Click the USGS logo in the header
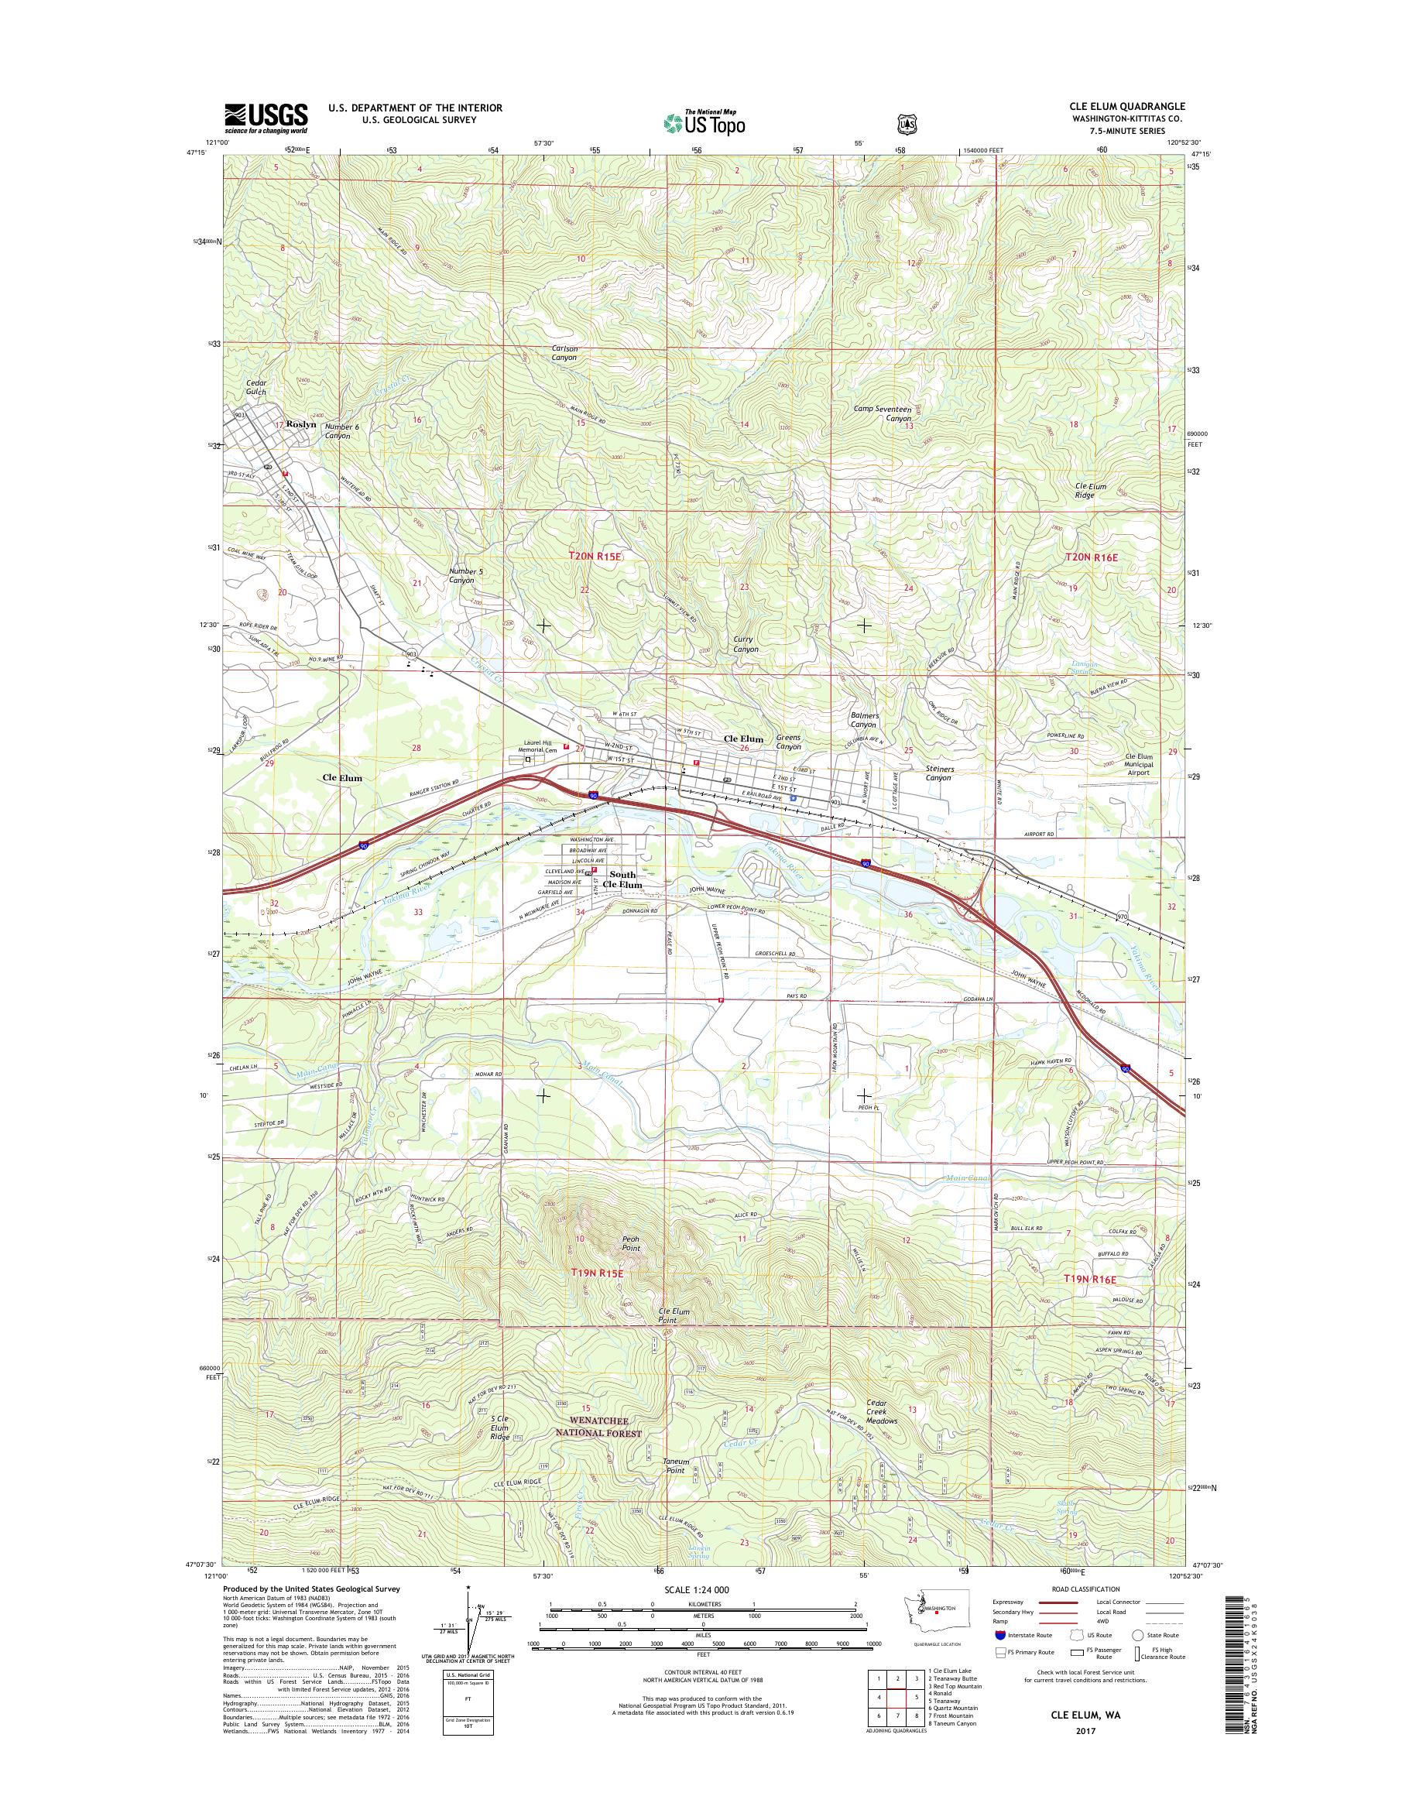[266, 118]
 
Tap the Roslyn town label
[301, 424]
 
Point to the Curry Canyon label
[746, 644]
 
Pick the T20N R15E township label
[594, 557]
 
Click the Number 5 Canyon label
[461, 575]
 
